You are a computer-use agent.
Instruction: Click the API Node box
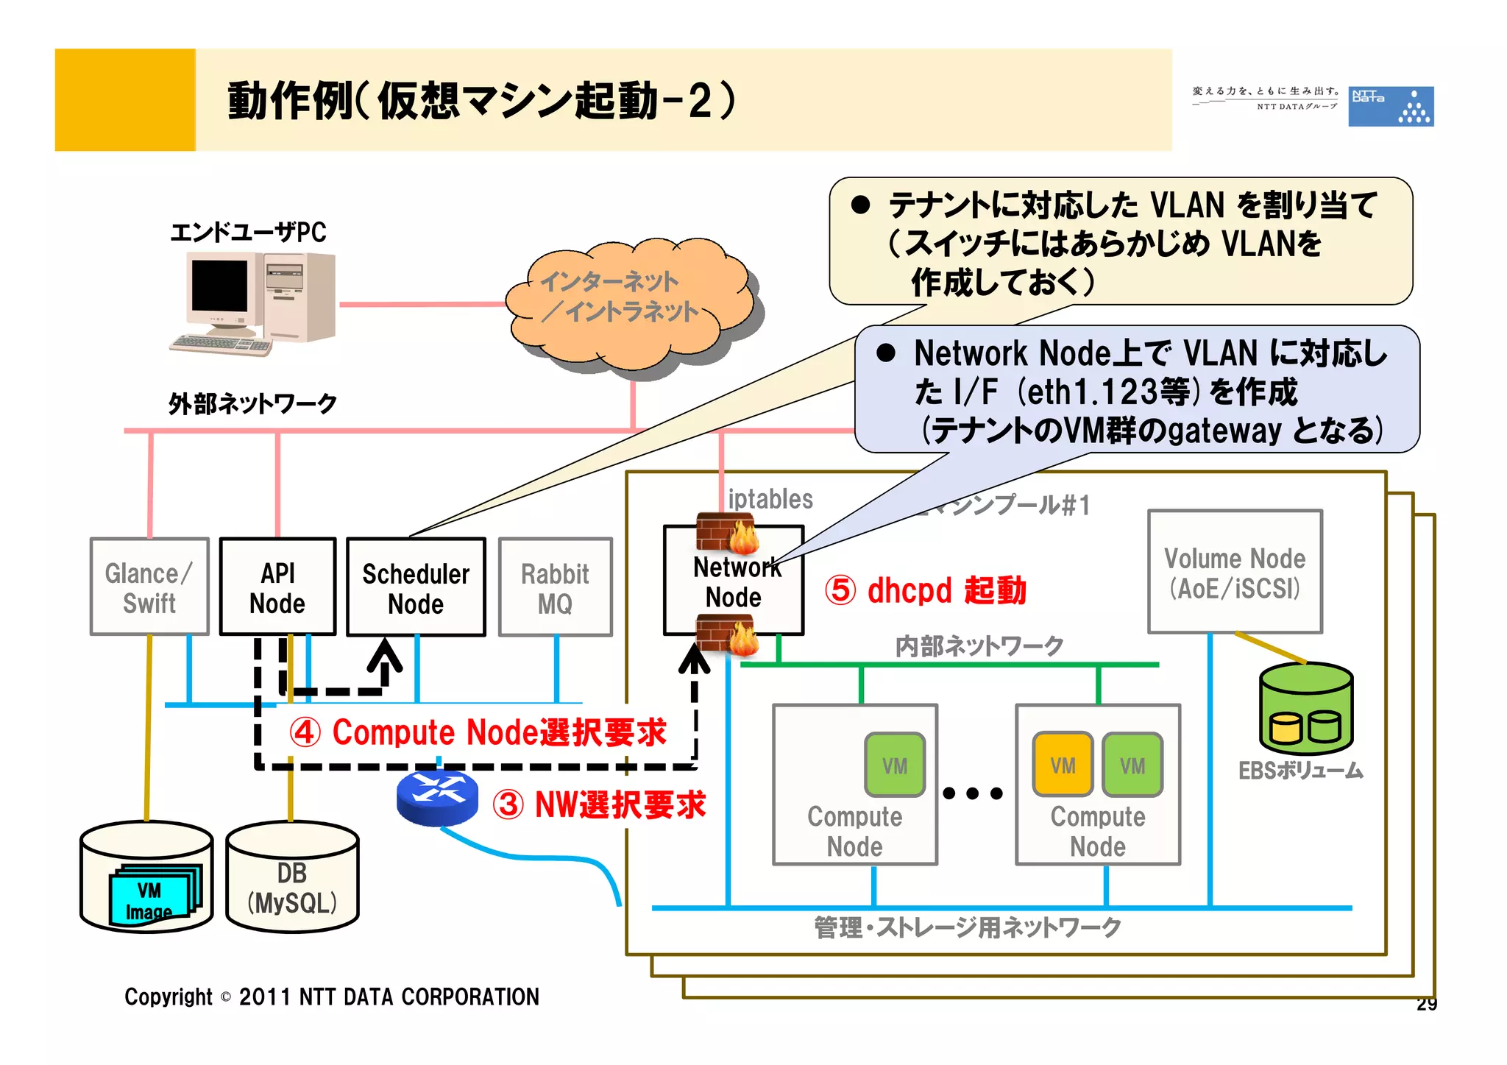click(x=277, y=587)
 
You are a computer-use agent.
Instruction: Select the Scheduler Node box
click(x=416, y=587)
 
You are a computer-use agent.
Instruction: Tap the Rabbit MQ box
click(x=555, y=587)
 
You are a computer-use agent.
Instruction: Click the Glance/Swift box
click(x=149, y=587)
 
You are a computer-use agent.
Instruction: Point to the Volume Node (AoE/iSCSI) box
click(x=1235, y=572)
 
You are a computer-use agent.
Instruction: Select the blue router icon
click(x=437, y=798)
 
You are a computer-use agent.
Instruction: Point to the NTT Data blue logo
click(x=1390, y=107)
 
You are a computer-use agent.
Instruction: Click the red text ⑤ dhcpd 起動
click(x=925, y=590)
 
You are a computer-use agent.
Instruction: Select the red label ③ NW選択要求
click(x=599, y=804)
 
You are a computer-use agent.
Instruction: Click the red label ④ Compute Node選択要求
click(x=478, y=732)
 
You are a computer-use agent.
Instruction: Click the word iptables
click(x=770, y=499)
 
